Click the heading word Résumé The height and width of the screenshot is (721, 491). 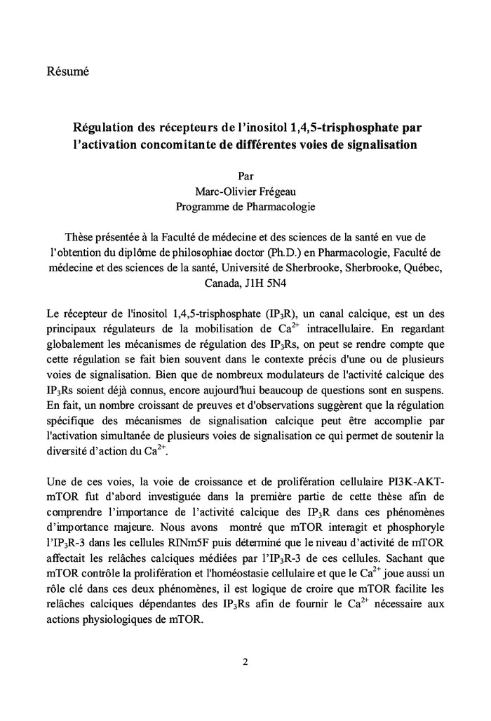67,72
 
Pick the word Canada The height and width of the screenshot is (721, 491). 221,284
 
